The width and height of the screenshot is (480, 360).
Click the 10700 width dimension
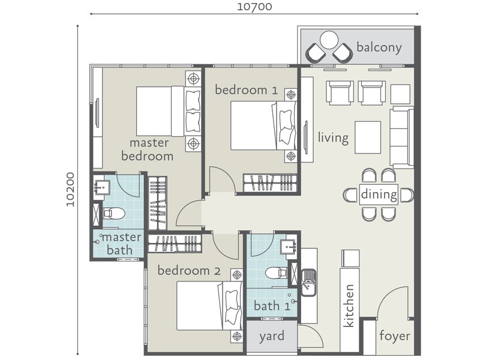coord(254,7)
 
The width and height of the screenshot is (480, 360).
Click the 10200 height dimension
coord(71,190)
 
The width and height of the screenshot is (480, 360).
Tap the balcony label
coord(379,48)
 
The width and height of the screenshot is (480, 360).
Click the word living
coord(333,137)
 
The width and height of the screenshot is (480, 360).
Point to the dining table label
coord(379,194)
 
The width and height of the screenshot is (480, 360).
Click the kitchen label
coord(349,306)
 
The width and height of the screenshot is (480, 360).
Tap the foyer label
coord(395,336)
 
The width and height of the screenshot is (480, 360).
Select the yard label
coord(272,337)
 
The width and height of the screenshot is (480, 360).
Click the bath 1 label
coord(272,305)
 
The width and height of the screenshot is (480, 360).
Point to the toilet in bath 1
coord(276,273)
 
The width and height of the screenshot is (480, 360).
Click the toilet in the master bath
coord(113,214)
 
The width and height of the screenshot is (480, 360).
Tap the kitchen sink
coord(308,283)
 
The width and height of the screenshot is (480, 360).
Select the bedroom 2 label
coord(189,271)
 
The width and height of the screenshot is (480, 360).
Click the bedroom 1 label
coord(247,90)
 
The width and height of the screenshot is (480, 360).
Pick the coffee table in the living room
coord(368,137)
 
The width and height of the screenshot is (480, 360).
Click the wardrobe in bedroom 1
coord(270,183)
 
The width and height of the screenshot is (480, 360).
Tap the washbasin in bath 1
coord(288,246)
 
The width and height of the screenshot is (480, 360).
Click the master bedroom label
coord(147,149)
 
